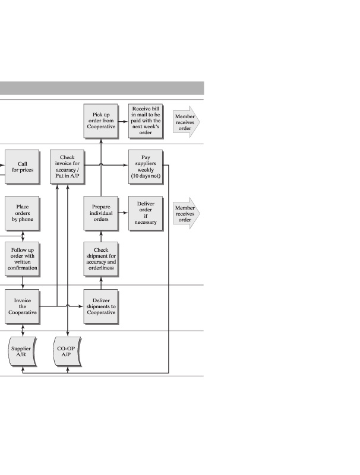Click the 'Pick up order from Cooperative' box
tap(100, 121)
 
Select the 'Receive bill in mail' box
tap(146, 121)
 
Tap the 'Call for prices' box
tap(22, 167)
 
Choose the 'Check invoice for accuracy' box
tap(67, 167)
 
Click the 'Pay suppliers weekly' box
tap(146, 167)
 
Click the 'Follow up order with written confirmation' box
tap(22, 259)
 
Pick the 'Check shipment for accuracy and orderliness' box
tap(100, 259)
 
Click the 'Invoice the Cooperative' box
tap(22, 306)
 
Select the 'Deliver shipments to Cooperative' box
tap(100, 306)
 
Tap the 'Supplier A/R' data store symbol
tap(22, 352)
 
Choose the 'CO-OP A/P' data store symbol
tap(67, 352)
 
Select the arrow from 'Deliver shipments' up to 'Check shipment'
tap(100, 283)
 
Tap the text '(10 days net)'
tap(146, 176)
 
